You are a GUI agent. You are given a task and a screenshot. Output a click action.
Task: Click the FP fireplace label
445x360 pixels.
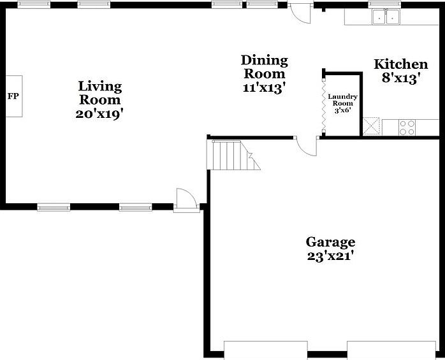point(13,96)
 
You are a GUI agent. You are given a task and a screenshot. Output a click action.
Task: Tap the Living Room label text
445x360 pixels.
point(100,93)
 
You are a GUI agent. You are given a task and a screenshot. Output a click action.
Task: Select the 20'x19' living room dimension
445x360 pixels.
point(99,115)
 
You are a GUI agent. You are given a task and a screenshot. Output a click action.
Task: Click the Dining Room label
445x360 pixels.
point(264,67)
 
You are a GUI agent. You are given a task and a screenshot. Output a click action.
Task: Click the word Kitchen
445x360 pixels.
point(400,64)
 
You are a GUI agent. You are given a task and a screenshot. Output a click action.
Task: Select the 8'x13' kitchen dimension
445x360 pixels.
point(400,79)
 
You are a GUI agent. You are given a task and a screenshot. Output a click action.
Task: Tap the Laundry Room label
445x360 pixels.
point(342,100)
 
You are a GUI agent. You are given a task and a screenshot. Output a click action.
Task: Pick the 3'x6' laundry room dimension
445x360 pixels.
point(342,110)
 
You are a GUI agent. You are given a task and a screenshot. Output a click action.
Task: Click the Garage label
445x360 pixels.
point(330,242)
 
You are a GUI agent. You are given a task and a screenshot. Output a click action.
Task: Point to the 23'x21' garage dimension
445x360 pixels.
point(330,257)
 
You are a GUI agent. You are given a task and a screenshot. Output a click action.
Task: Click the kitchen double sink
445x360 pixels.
point(386,17)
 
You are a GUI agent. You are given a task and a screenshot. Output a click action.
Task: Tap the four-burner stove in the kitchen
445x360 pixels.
point(407,127)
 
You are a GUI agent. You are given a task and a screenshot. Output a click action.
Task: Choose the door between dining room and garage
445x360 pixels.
point(307,145)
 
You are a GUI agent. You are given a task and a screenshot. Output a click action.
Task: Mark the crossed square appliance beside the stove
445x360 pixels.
point(371,126)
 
